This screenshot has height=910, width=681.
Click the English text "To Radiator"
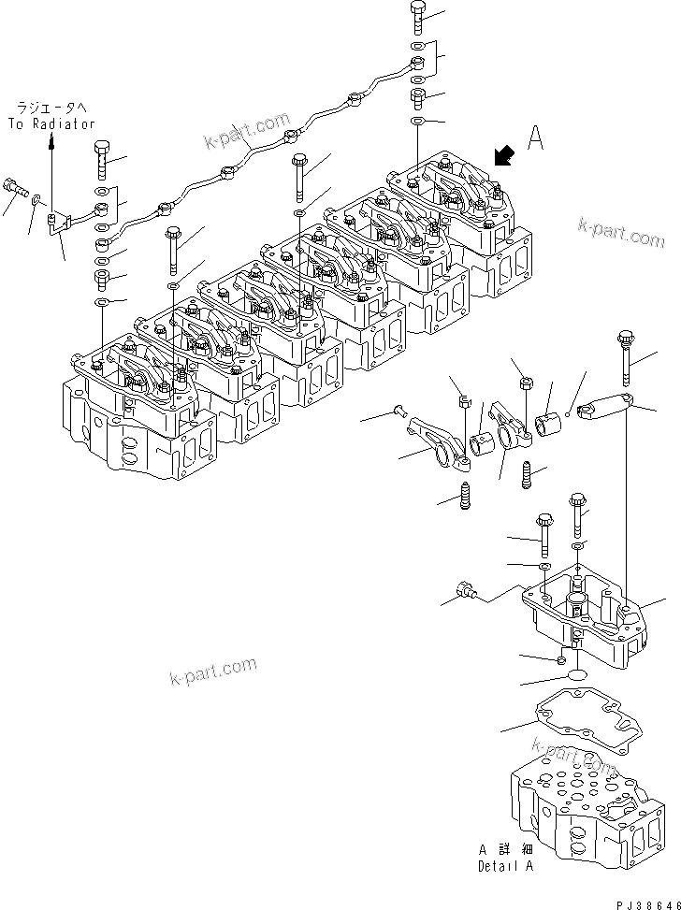point(52,123)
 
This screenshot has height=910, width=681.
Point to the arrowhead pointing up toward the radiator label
point(52,139)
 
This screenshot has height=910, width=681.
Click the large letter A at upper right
point(535,138)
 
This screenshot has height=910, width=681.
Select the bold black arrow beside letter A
point(502,154)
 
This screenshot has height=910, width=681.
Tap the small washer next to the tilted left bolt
point(36,198)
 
